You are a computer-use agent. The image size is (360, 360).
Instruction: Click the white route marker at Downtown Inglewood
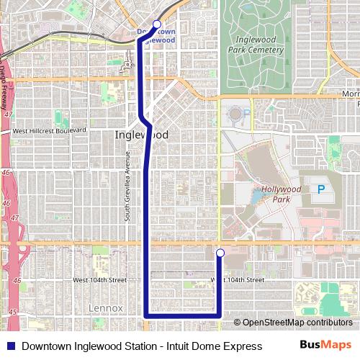157,24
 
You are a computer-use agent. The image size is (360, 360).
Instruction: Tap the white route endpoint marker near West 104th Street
220,252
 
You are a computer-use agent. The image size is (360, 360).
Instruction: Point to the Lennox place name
106,307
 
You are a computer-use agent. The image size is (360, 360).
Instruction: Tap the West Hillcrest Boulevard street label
48,130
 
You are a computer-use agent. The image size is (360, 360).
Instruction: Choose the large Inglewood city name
142,135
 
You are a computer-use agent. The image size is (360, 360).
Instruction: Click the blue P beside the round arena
247,113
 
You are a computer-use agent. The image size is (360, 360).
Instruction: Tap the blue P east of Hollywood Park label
321,189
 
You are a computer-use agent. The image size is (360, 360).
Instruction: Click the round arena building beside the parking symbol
235,114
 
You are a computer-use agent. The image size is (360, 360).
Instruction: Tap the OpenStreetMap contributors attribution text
296,323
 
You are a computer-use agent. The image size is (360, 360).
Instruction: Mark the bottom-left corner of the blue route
147,315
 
